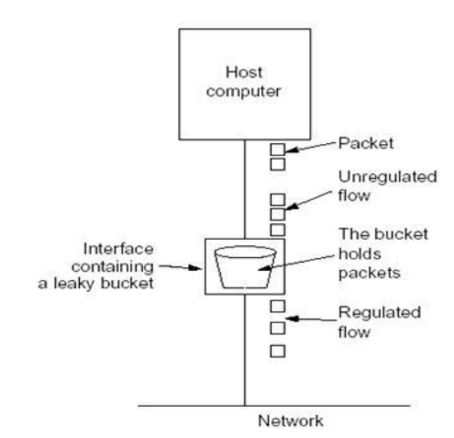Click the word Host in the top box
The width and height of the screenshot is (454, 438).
click(x=244, y=73)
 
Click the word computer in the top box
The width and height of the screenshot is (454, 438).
click(x=243, y=91)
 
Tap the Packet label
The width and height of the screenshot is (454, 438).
click(x=366, y=143)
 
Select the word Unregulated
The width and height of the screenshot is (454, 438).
click(x=387, y=177)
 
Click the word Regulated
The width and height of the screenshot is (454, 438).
click(x=380, y=313)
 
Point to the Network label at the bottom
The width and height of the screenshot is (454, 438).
click(x=291, y=421)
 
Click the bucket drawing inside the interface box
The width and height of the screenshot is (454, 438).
click(x=245, y=267)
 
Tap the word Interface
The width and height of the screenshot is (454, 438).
click(x=118, y=249)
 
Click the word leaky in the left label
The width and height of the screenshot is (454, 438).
click(x=74, y=284)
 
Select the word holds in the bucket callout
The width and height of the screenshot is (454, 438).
click(x=360, y=254)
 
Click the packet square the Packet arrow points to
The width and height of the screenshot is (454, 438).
click(x=278, y=150)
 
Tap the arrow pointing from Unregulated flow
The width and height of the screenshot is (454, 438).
click(x=308, y=200)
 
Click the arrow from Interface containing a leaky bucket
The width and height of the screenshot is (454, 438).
click(x=181, y=267)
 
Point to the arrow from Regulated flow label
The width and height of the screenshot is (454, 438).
click(x=311, y=320)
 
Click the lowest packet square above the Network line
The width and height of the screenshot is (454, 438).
click(x=278, y=351)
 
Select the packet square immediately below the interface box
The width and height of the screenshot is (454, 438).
click(x=278, y=306)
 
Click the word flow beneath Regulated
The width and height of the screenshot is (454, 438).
click(x=354, y=331)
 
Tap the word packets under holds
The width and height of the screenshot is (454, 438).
click(x=370, y=273)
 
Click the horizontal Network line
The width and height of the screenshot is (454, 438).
click(x=273, y=406)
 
